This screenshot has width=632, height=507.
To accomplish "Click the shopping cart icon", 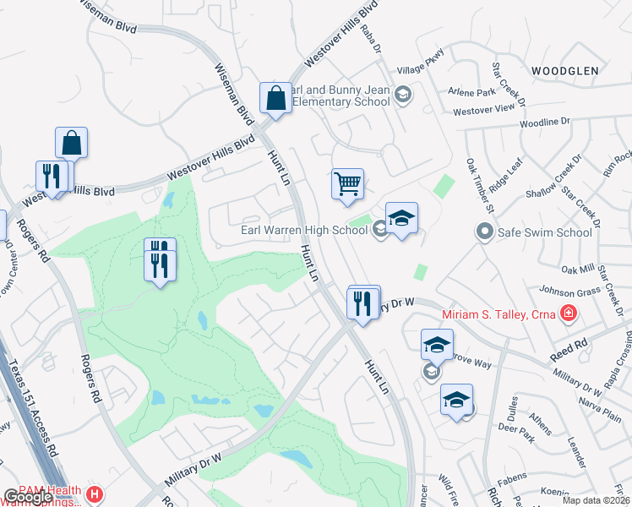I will point(347,183).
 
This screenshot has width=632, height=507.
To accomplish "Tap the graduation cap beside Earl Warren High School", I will point(401,219).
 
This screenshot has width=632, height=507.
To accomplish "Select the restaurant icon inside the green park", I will point(160,264).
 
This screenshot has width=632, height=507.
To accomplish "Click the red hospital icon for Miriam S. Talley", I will point(569,315).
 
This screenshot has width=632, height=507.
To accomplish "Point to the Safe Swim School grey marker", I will point(484,231).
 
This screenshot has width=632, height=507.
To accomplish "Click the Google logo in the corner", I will point(29,497).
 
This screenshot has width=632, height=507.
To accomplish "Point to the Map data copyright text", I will point(597,500).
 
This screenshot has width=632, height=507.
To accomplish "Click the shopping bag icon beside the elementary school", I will point(275,97).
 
